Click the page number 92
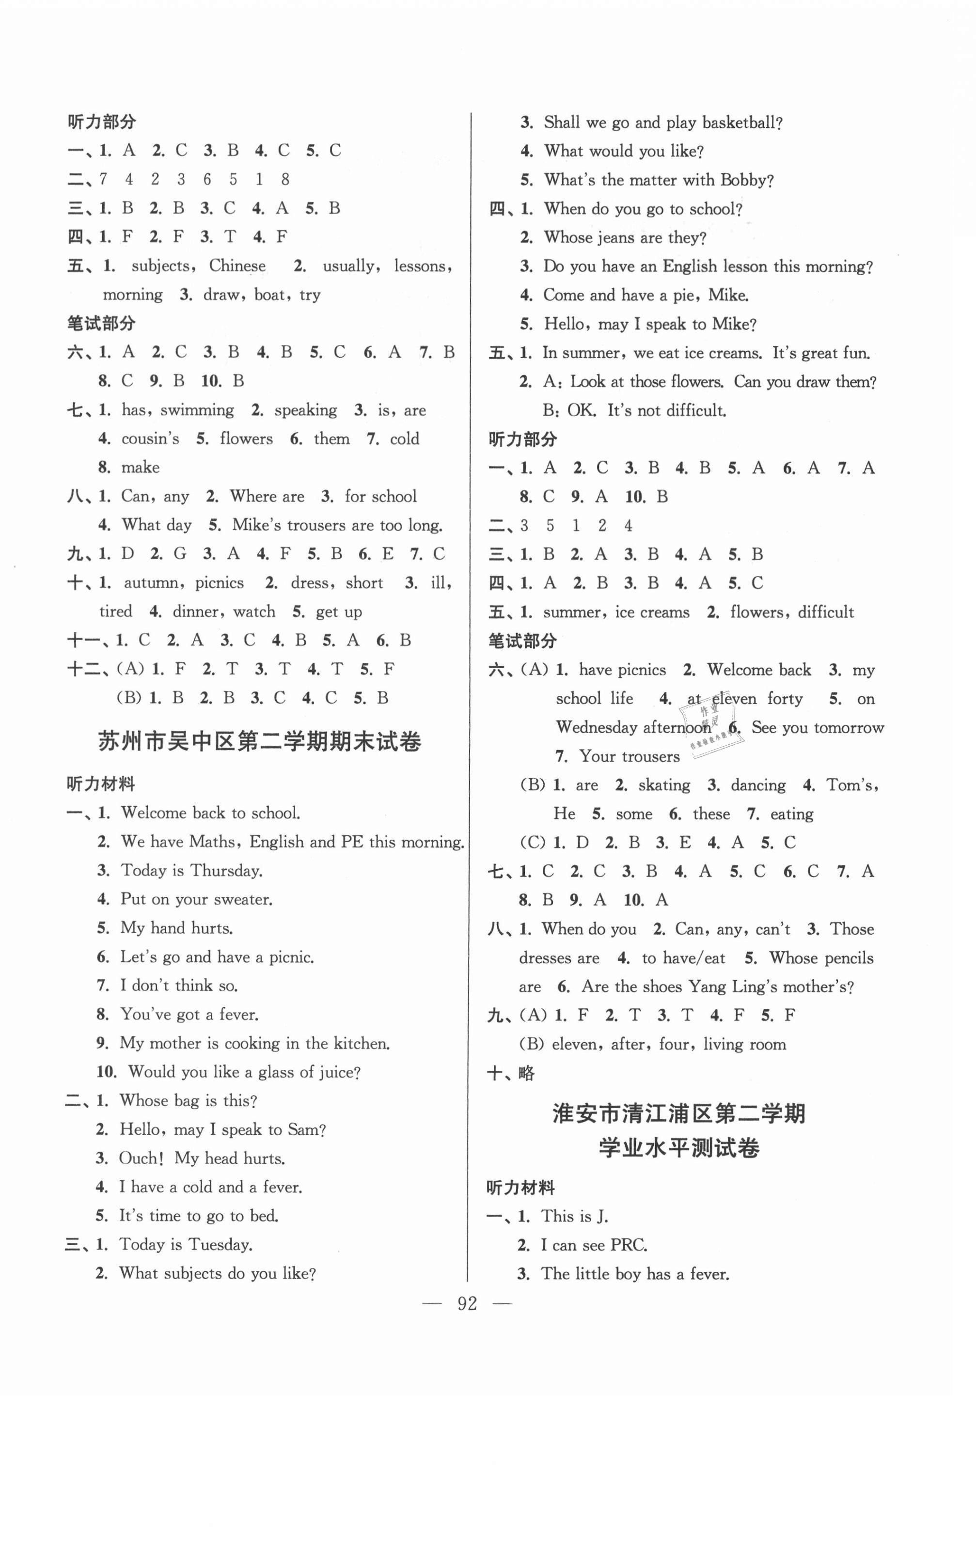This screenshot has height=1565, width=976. [467, 1304]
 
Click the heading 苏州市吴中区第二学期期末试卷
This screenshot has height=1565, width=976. [259, 741]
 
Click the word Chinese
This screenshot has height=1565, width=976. [237, 266]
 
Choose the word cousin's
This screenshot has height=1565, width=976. [150, 439]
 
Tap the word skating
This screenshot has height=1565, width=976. [663, 785]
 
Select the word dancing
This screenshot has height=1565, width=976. [758, 785]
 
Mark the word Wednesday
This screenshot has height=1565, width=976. [597, 727]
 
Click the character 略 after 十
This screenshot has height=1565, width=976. [526, 1073]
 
